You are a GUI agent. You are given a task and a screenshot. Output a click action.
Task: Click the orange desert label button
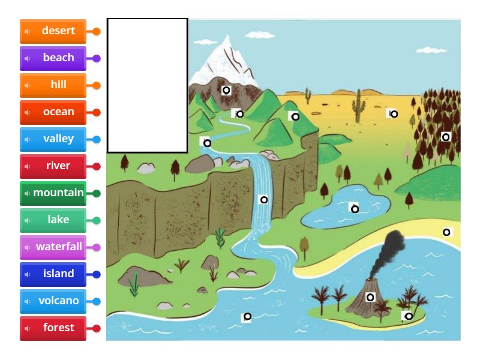(x=53, y=31)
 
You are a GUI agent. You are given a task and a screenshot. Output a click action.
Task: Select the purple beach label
(x=53, y=58)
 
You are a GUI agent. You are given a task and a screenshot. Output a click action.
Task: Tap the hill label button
(x=53, y=85)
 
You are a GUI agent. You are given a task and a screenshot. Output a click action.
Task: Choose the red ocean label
(x=53, y=112)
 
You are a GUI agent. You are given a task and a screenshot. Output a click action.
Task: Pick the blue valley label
(x=53, y=139)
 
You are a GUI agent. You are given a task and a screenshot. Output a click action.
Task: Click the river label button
(x=53, y=166)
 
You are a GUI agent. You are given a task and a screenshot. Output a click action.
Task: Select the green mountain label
(x=53, y=193)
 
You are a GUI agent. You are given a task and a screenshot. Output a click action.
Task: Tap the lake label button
(x=53, y=220)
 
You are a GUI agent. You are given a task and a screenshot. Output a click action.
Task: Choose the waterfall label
(x=53, y=247)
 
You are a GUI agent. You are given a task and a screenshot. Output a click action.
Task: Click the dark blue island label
(x=53, y=274)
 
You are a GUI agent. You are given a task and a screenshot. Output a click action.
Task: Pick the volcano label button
(x=53, y=301)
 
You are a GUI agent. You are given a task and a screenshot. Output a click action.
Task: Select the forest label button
(x=53, y=328)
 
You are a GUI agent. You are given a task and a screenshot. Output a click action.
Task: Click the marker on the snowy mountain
(x=226, y=91)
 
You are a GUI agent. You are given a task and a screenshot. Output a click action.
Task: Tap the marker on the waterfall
(x=263, y=199)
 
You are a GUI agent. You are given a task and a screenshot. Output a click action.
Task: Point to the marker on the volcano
(x=370, y=297)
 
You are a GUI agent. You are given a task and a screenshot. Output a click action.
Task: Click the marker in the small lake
(x=355, y=209)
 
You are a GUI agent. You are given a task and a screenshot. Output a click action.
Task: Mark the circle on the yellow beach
(x=446, y=232)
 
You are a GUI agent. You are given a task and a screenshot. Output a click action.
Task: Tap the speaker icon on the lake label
(x=27, y=220)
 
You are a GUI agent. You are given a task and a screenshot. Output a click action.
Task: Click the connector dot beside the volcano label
(x=97, y=301)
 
